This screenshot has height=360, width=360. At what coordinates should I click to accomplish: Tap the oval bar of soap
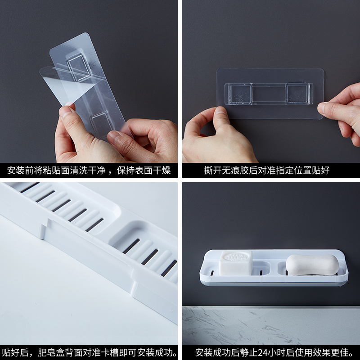312,265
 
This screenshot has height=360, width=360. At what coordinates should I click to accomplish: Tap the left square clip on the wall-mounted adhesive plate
240,94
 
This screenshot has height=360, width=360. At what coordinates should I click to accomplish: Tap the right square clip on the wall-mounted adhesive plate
298,94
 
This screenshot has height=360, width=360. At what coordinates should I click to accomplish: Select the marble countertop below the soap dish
271,325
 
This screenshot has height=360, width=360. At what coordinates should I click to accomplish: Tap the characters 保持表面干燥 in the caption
144,171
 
